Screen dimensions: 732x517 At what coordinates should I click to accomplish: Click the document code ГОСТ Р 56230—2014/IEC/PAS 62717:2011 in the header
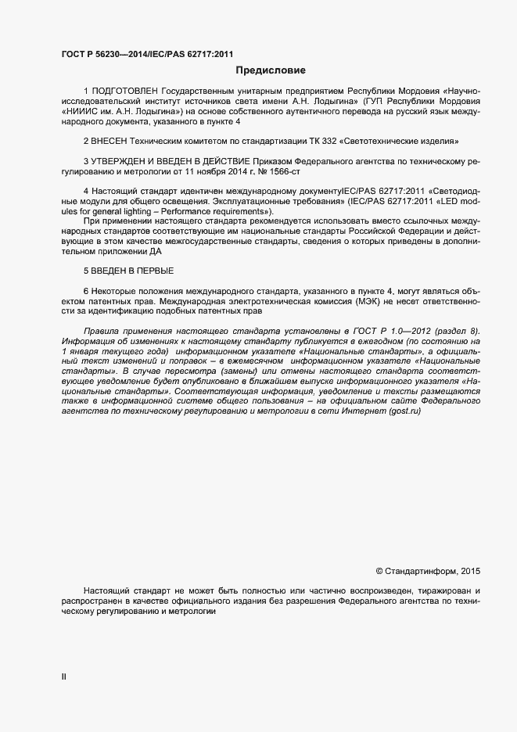tap(147, 54)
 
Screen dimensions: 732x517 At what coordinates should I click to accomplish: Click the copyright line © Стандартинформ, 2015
tap(429, 571)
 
